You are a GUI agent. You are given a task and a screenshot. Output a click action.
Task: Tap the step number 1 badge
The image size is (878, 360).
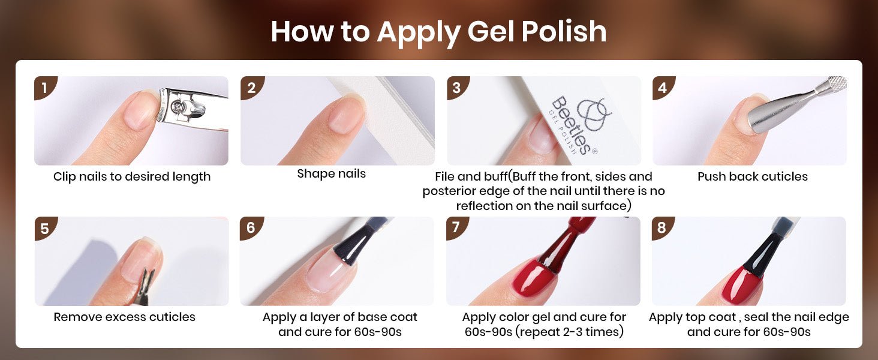point(44,86)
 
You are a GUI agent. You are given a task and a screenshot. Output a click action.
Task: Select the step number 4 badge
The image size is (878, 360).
point(663,86)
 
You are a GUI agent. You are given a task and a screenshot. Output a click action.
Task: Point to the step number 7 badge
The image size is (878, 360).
point(456,227)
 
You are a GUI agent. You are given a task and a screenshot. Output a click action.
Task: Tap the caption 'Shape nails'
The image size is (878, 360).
point(331,174)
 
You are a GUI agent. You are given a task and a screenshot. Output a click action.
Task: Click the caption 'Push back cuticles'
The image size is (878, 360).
point(753,176)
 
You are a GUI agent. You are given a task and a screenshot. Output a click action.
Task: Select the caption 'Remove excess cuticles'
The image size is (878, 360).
point(124,317)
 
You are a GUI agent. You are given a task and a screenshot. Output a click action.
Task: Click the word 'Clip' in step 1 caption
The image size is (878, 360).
point(64,176)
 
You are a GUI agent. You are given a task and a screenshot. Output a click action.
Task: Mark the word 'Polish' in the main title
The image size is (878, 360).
point(564,31)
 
